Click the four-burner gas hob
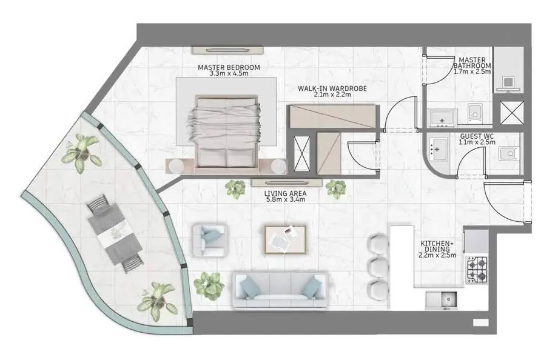tap(477, 270)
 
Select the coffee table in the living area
tap(284, 240)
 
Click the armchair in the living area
tap(209, 240)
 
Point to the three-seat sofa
tap(280, 290)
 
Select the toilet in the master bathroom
tap(475, 113)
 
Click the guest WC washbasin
tap(437, 148)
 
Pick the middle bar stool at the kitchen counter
tap(378, 266)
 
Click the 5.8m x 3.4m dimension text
tap(285, 199)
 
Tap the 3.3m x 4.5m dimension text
tap(229, 73)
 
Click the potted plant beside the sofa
tap(209, 284)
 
